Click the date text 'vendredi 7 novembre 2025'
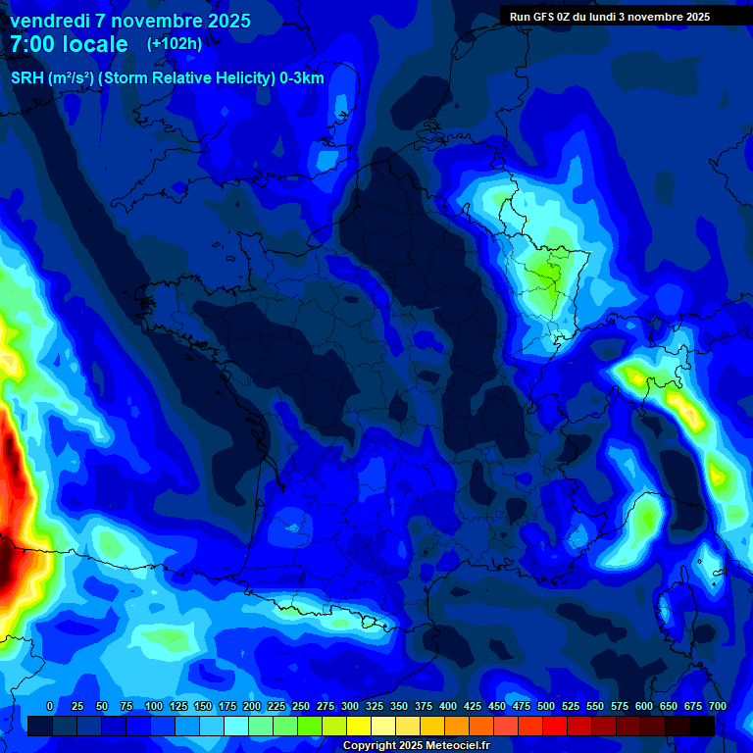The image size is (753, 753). [x=130, y=21]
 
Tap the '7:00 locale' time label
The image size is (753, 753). [x=69, y=44]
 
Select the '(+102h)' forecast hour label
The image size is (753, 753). [x=174, y=44]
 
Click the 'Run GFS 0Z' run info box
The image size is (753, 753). [x=609, y=16]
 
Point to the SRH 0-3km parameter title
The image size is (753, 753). [x=167, y=78]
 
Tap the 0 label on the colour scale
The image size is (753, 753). [x=50, y=706]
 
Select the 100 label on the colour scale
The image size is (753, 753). [x=154, y=706]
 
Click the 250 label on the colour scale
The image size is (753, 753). [x=301, y=706]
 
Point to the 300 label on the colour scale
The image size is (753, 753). [x=350, y=706]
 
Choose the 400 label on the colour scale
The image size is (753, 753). [x=448, y=706]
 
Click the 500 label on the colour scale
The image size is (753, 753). [x=546, y=706]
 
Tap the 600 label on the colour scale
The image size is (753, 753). [x=644, y=706]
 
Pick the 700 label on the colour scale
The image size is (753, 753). [x=717, y=706]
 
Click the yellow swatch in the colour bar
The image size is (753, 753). [x=359, y=726]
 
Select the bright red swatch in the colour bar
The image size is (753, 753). [x=555, y=726]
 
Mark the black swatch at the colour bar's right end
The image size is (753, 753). [x=702, y=726]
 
